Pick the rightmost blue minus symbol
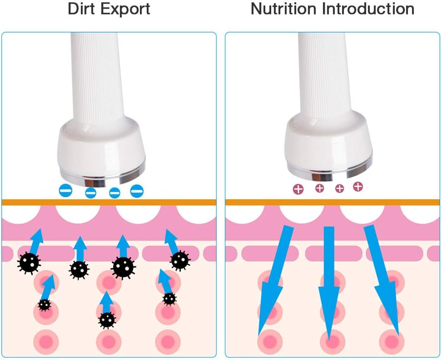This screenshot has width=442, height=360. click(137, 191)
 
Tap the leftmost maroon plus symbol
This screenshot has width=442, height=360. click(298, 189)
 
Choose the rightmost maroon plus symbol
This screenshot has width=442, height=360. click(358, 186)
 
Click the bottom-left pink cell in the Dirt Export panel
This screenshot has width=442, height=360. click(46, 340)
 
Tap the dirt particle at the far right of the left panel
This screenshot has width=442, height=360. click(180, 260)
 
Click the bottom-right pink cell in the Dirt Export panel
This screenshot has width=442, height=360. click(168, 340)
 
